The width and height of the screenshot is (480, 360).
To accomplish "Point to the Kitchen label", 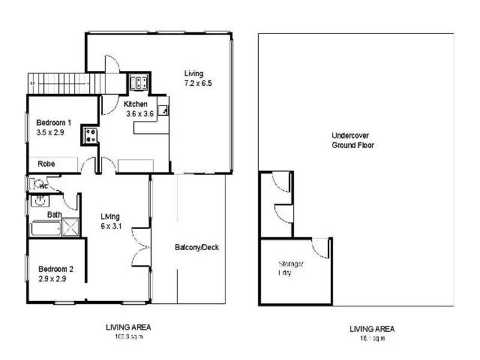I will tap(136, 104).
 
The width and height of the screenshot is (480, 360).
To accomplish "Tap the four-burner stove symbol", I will tap(91, 136).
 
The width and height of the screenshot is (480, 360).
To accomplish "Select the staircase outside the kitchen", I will tap(62, 83).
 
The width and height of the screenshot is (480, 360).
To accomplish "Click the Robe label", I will tap(46, 163).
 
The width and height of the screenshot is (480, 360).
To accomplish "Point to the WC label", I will tap(44, 185).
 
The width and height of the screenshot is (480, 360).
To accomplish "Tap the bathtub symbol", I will tap(46, 229).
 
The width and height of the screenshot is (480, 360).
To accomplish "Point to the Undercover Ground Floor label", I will tap(353, 140).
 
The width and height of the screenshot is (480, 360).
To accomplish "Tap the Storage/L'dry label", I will tap(290, 268).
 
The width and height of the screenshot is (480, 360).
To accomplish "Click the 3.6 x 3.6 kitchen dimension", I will tap(140, 113).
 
